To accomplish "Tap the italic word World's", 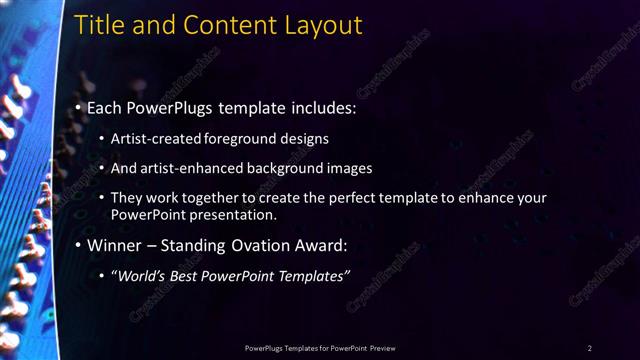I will coord(140,276).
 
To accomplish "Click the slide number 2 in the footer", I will coord(589,348).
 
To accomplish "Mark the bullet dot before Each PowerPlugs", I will coord(78,107).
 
